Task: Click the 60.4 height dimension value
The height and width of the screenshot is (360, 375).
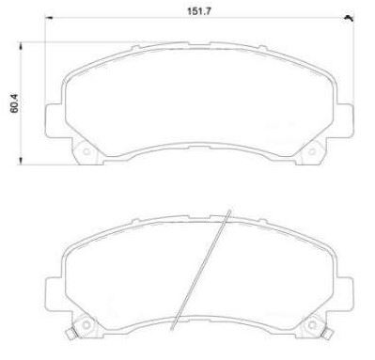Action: pyautogui.click(x=14, y=103)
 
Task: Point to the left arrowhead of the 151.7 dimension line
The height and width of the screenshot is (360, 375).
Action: pyautogui.click(x=49, y=18)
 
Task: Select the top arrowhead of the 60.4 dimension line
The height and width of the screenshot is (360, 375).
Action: pyautogui.click(x=21, y=46)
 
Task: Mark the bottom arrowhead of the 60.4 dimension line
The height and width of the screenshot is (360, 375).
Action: pyautogui.click(x=21, y=161)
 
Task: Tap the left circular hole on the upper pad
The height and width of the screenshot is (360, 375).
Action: pyautogui.click(x=86, y=152)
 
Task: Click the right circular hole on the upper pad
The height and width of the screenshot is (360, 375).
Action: pyautogui.click(x=312, y=152)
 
